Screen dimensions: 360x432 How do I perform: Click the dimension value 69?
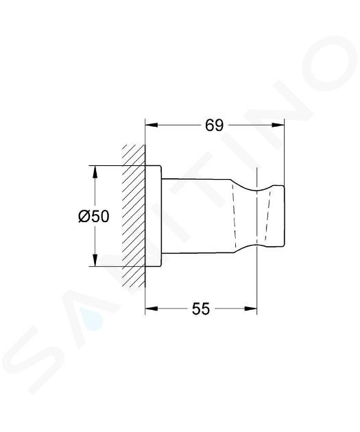tap(215, 126)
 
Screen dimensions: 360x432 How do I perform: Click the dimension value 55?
tap(201, 309)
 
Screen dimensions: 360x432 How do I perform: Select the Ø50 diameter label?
tap(94, 216)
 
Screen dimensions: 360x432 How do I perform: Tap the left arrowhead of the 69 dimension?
tap(152, 125)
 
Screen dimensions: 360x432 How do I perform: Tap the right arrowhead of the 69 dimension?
tap(278, 125)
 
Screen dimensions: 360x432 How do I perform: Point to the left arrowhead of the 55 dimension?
tap(152, 309)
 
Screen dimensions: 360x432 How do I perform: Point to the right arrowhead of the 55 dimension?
tap(250, 309)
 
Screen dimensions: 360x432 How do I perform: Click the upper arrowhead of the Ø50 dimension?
tap(95, 172)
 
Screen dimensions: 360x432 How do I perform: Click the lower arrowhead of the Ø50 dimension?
tap(95, 260)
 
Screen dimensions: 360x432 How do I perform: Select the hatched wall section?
tap(134, 216)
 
